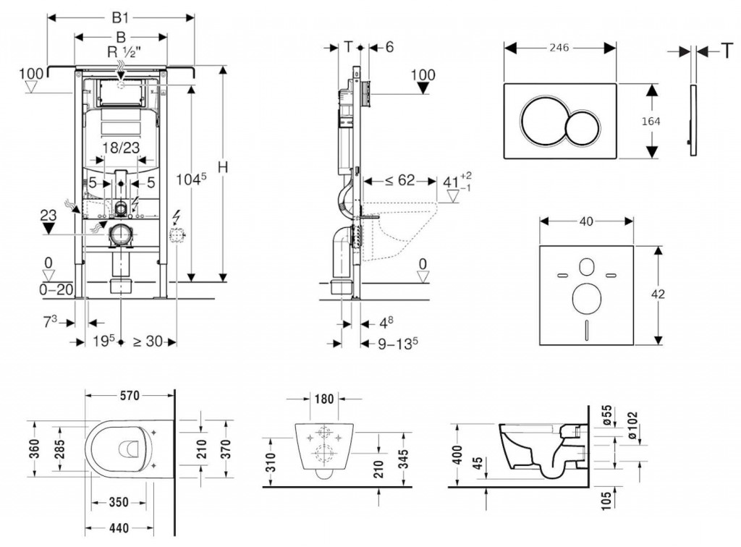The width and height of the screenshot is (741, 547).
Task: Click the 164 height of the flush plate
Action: coord(651,121)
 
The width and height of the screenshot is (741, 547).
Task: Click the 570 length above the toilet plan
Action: coord(129,395)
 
